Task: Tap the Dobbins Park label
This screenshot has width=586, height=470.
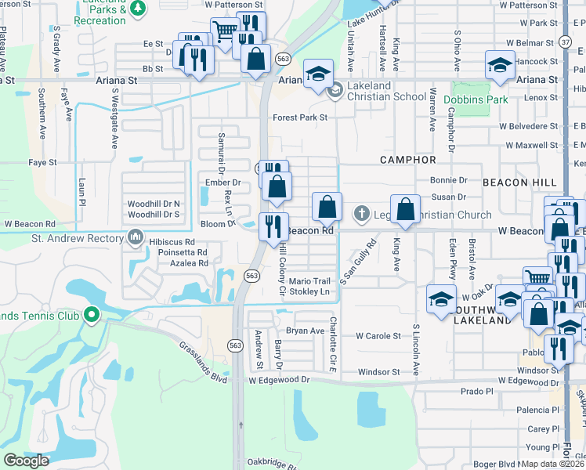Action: point(476,99)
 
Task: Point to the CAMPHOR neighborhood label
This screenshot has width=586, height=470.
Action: point(408,160)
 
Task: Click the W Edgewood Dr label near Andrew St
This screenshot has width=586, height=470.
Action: point(280,380)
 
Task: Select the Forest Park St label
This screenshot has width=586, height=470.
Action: point(299,117)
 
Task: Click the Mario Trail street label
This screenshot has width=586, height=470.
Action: point(309,281)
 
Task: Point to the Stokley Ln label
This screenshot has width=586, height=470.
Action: point(309,291)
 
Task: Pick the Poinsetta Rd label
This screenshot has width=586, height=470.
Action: point(180,253)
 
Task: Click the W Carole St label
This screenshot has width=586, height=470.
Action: point(378,335)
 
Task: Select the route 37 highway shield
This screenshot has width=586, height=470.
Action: point(566,41)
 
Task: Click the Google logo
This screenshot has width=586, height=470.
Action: point(26,461)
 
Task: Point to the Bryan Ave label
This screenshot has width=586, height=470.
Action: point(305,331)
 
